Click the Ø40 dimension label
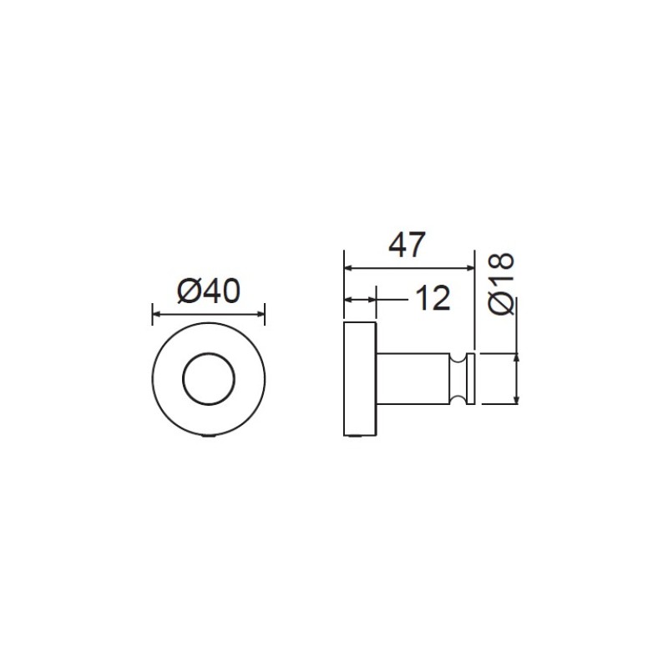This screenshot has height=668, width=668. coord(209,291)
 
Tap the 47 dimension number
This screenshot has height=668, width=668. coord(407,245)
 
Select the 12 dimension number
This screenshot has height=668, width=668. coord(433,298)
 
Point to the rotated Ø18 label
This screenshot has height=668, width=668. coord(502,284)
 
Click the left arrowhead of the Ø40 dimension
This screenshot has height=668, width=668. coord(156,315)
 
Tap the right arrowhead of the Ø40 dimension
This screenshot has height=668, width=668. coord(261,315)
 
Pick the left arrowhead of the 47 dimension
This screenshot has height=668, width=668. coord(347,268)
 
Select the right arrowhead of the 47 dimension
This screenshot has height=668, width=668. coord(470,268)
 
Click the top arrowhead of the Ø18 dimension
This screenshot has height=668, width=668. coord(517,357)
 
